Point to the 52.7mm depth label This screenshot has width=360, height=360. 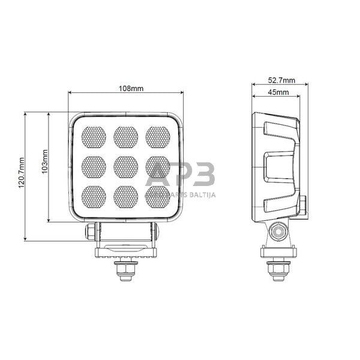282,80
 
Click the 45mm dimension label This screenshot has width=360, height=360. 278,92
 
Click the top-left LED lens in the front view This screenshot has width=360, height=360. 94,137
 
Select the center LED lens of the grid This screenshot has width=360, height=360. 125,167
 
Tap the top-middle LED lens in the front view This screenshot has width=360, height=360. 125,137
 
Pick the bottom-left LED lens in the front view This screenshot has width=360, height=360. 94,196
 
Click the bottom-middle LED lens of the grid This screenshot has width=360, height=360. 125,196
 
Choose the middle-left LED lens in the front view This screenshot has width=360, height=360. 94,167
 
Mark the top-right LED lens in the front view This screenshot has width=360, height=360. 157,137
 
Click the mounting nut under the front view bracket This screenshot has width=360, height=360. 125,270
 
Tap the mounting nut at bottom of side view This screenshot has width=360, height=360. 278,269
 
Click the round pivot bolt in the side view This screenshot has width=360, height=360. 278,231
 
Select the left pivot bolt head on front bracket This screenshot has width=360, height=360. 91,231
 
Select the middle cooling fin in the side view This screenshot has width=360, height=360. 280,167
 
